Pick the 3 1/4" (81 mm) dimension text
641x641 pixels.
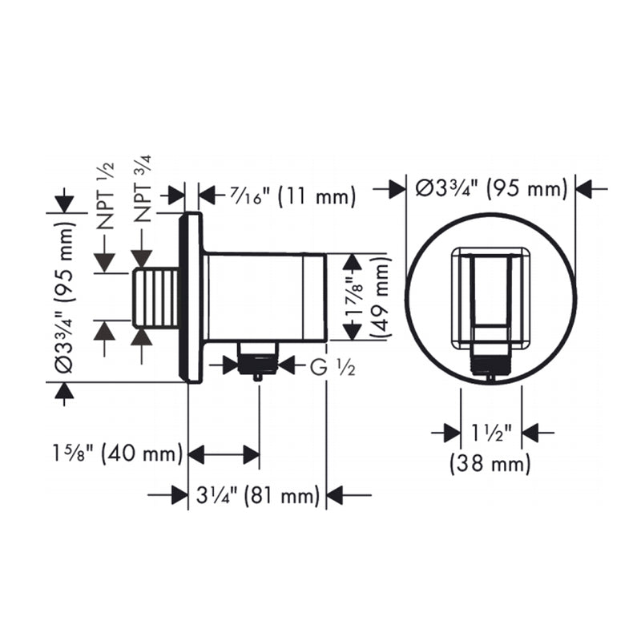pyautogui.click(x=257, y=496)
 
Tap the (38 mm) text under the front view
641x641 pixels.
pyautogui.click(x=490, y=462)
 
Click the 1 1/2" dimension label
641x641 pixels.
pyautogui.click(x=491, y=433)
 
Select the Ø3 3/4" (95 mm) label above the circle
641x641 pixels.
pyautogui.click(x=491, y=189)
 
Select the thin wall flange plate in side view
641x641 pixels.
pyautogui.click(x=192, y=297)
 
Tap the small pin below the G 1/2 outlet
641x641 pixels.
pyautogui.click(x=257, y=376)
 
